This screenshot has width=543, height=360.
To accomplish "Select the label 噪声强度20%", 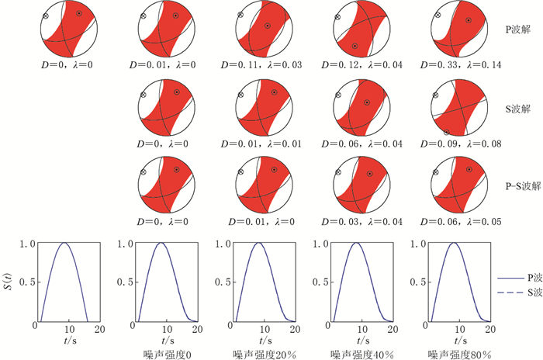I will pos(259,353).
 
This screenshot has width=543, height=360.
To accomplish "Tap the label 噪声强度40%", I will pos(356,353).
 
